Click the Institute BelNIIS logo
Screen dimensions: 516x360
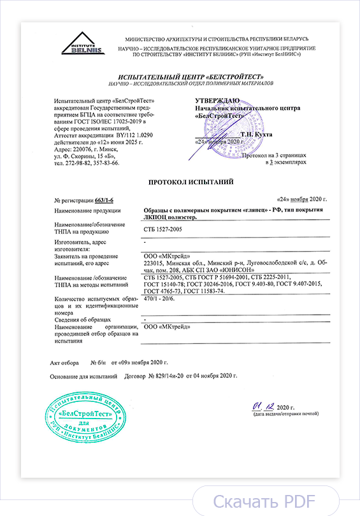(x=82, y=44)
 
